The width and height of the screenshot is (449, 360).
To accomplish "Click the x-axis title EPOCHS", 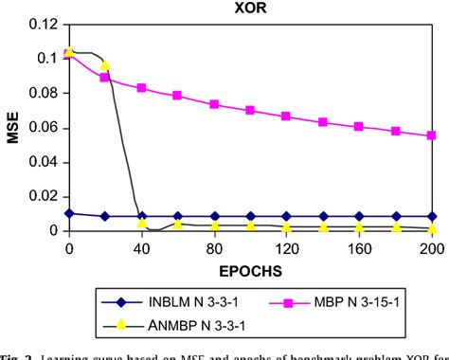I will point(249,270).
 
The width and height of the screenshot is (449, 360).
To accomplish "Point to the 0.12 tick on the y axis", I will point(44,24).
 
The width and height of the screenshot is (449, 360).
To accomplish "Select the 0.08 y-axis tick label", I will point(44,93).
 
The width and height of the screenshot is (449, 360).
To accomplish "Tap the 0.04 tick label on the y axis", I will point(44,162).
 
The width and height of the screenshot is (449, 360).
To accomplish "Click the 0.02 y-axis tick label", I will point(44,196).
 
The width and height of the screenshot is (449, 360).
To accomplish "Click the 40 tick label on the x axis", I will point(141,249).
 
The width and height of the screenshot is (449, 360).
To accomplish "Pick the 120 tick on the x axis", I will point(286,249).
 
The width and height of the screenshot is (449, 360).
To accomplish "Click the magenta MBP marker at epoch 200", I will point(432,135).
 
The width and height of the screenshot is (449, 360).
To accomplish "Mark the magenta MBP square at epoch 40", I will point(141,88).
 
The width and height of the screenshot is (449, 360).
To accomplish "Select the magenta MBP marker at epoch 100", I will point(250,110).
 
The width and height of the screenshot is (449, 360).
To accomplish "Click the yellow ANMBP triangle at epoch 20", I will point(105,66).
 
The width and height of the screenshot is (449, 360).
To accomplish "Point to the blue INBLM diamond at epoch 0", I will point(68,214).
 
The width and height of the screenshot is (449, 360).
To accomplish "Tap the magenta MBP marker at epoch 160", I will point(359,126).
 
